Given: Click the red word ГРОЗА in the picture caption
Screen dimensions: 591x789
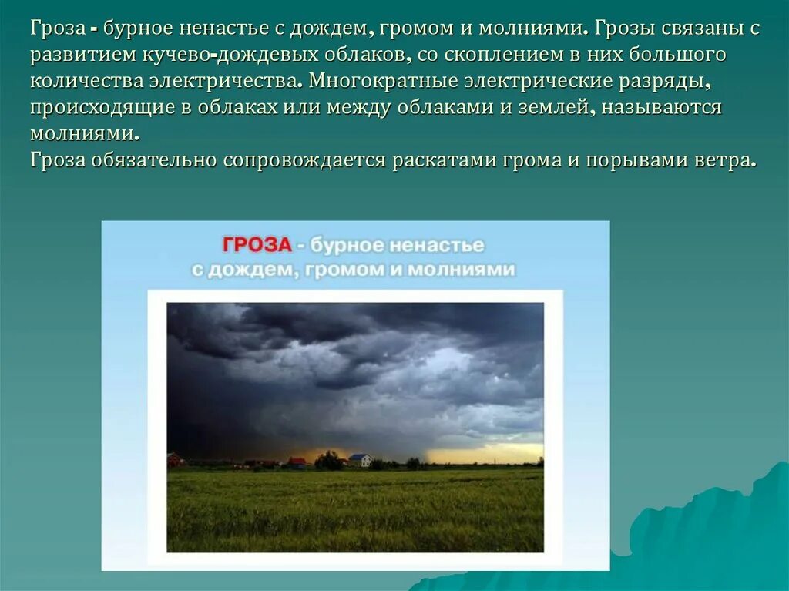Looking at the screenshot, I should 257,245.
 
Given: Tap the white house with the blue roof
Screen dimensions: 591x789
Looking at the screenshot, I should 360,460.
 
